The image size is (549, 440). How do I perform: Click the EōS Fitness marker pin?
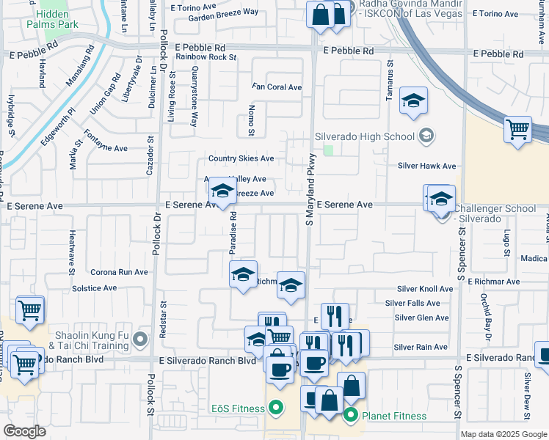276,406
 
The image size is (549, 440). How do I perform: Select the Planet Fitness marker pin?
351,416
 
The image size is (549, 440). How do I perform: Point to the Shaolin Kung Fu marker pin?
141,339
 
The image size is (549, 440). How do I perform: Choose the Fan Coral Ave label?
277,87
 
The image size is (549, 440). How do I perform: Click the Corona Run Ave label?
119,271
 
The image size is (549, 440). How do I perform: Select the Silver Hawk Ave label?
426,166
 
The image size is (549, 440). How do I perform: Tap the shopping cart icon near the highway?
517,130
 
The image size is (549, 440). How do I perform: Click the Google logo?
25,431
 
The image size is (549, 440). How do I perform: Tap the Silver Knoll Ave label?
422,290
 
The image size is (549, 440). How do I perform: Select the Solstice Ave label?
94,288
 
